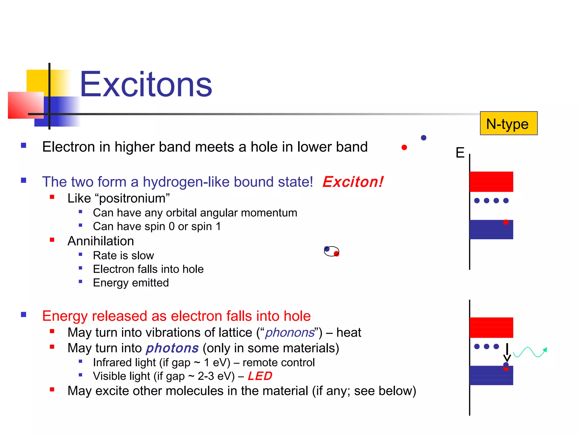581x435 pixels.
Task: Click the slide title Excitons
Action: tap(146, 84)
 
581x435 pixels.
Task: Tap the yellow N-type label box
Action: tap(508, 123)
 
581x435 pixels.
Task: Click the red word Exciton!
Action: tap(353, 182)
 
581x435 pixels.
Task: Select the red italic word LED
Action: tap(260, 376)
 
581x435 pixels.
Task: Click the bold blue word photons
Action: tap(172, 348)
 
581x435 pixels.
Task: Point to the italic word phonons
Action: tap(290, 332)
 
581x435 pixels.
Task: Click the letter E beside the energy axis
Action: tap(460, 153)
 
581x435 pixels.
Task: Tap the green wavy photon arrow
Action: tap(529, 352)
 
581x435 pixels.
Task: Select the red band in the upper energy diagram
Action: tap(491, 182)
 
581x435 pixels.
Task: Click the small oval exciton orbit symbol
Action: tap(331, 251)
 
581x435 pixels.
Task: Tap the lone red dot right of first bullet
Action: tap(404, 147)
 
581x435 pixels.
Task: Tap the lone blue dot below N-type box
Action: tap(424, 138)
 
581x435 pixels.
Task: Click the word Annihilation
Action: tap(101, 241)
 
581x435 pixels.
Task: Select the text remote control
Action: tap(279, 362)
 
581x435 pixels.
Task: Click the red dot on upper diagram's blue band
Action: tap(506, 222)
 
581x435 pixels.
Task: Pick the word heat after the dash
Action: tap(349, 332)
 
